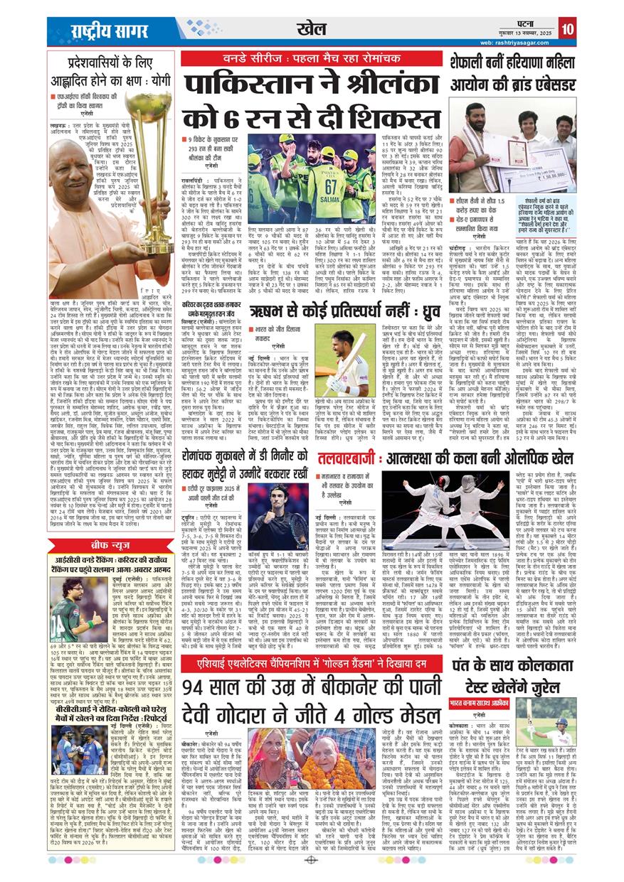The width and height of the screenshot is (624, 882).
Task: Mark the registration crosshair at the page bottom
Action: pos(311,859)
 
